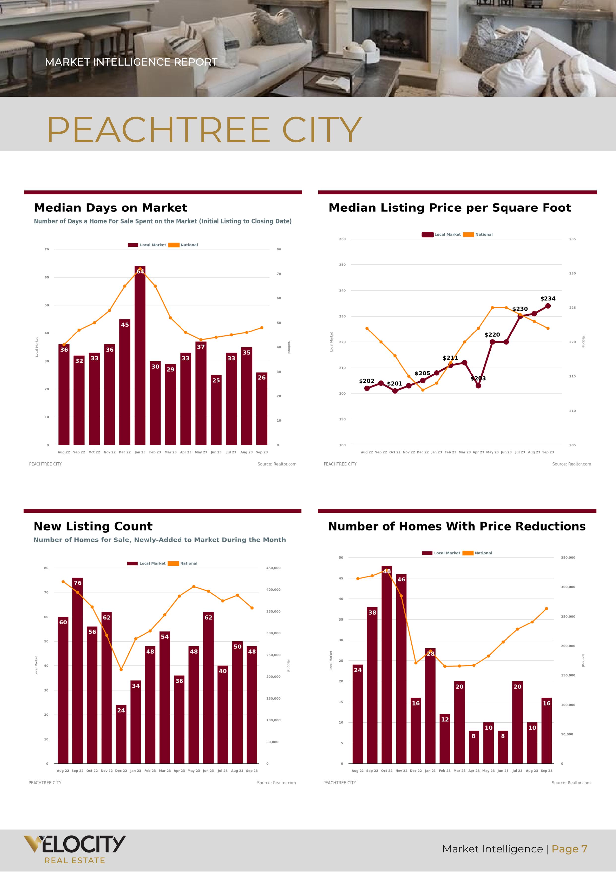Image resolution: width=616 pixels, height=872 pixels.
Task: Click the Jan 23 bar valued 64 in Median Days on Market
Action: (x=140, y=357)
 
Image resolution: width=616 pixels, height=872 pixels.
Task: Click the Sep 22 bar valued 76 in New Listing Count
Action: (x=78, y=672)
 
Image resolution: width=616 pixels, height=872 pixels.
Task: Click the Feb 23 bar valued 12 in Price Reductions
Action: (x=445, y=741)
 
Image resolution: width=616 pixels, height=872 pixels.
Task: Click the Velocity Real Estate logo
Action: (x=74, y=849)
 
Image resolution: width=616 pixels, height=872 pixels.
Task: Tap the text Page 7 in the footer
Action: (x=569, y=849)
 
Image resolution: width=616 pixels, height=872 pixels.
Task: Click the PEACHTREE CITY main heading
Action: (x=204, y=130)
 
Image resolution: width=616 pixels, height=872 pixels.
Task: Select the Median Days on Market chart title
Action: (x=110, y=208)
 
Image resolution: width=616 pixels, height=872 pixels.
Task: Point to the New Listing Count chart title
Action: (x=93, y=526)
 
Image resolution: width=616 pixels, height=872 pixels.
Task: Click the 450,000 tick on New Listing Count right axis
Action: (x=273, y=568)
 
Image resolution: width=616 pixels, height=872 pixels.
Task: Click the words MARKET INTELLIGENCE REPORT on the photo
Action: (x=131, y=62)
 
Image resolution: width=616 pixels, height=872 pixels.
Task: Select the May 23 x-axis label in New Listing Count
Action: (x=194, y=771)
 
